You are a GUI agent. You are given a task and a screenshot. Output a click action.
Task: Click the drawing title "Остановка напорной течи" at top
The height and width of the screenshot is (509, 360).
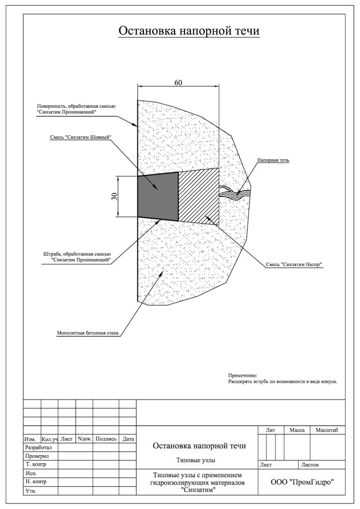click(x=189, y=31)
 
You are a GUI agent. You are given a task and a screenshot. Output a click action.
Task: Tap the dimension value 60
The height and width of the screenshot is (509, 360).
click(x=178, y=83)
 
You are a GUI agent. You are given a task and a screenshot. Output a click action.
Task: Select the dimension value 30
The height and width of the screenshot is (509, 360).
click(x=114, y=196)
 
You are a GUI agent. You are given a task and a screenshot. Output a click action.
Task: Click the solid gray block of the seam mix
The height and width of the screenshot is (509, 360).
click(x=158, y=196)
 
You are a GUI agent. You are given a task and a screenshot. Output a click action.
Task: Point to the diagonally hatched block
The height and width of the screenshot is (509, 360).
click(x=199, y=196)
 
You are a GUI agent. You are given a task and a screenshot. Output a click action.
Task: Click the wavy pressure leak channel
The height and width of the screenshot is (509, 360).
click(x=235, y=193)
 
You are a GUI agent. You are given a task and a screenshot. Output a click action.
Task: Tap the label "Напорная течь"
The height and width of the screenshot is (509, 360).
click(x=273, y=160)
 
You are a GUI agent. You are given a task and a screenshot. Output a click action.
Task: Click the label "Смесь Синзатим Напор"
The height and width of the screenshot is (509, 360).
click(x=294, y=264)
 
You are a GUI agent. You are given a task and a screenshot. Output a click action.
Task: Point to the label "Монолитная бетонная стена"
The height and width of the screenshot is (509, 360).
click(x=88, y=333)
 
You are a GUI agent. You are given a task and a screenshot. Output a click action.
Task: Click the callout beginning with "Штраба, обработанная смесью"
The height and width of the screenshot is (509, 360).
click(x=77, y=257)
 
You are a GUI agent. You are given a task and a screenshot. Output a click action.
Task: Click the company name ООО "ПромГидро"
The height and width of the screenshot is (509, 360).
click(x=302, y=482)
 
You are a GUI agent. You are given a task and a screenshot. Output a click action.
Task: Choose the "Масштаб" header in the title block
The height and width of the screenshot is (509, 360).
click(x=327, y=430)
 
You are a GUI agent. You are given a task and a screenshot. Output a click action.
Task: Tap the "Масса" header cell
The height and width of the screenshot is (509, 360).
click(x=297, y=430)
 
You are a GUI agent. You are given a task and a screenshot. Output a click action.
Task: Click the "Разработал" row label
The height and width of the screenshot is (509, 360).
click(x=38, y=447)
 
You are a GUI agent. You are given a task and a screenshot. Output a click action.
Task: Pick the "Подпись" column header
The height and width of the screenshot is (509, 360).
click(x=106, y=439)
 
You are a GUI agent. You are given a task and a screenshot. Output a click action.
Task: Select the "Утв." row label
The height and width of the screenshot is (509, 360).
click(x=30, y=491)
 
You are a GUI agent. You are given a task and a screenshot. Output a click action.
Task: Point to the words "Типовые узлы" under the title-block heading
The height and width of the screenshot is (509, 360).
click(x=196, y=460)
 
